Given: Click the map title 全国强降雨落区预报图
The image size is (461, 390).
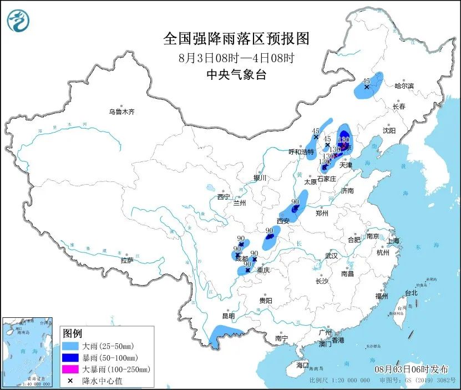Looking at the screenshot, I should (x=236, y=39).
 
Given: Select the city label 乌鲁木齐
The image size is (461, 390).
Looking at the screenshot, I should (x=121, y=112).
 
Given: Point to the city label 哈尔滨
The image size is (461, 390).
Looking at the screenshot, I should (x=404, y=86).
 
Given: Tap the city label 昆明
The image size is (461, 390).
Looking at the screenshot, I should (x=228, y=316).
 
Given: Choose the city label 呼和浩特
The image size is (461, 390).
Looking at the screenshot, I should (x=301, y=151).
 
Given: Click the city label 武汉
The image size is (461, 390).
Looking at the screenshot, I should (x=331, y=256).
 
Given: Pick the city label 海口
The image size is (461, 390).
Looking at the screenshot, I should (x=302, y=366).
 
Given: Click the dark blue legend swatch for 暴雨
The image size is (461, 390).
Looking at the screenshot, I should (x=70, y=357).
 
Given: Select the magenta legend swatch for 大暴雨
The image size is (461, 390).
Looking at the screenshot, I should (x=70, y=369).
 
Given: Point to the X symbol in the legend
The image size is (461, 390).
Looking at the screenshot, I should (x=70, y=381).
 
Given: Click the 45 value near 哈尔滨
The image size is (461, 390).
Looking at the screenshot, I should (x=367, y=80).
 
